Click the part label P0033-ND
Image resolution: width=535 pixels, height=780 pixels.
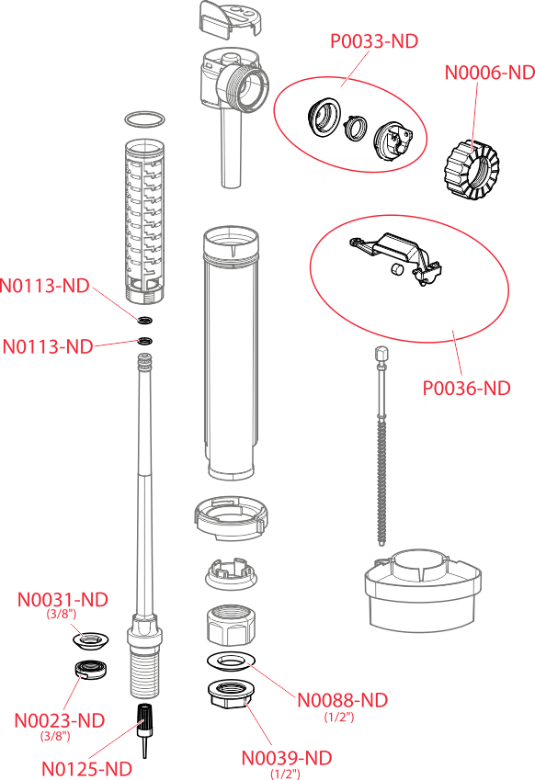click(374, 41)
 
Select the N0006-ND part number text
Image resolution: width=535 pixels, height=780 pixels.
click(490, 73)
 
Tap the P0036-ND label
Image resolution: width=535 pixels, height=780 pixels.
click(466, 388)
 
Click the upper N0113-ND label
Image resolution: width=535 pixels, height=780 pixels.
click(45, 286)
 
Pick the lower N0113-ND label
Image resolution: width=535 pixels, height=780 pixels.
click(48, 346)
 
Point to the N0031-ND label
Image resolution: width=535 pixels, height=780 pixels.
click(63, 599)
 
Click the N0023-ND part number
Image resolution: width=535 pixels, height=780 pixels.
click(60, 720)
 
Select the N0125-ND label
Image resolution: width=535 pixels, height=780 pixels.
click(86, 769)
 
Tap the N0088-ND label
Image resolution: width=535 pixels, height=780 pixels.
click(342, 700)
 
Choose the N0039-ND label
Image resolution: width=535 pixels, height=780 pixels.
click(287, 758)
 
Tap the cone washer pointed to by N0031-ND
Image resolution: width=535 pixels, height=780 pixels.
click(91, 639)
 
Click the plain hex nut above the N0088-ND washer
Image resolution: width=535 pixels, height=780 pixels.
click(231, 624)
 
